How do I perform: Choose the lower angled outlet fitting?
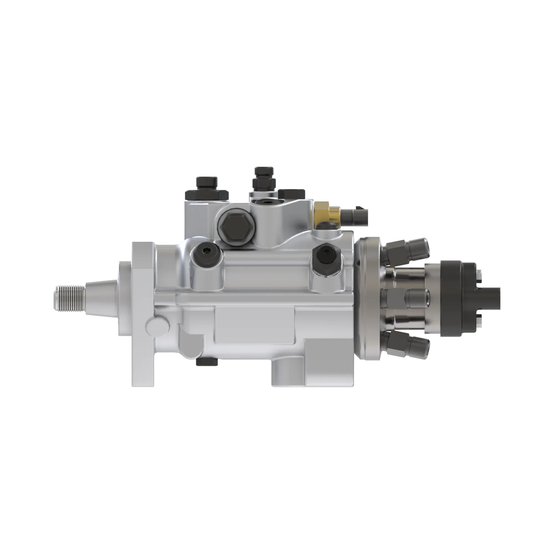[x=407, y=346]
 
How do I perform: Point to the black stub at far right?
[x=491, y=298]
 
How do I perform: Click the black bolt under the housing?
[x=207, y=362]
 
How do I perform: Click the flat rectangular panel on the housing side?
[x=255, y=325]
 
